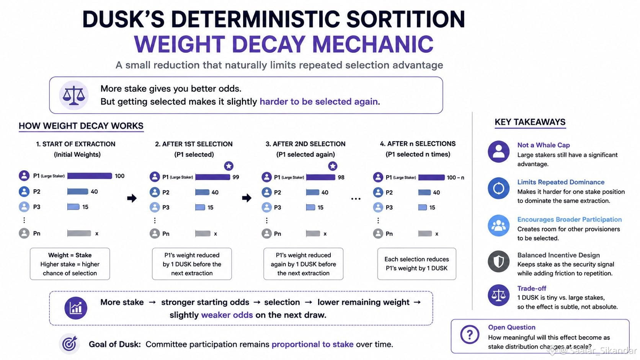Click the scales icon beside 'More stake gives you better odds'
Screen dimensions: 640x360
pos(74,95)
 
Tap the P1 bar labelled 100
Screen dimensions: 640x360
pos(90,176)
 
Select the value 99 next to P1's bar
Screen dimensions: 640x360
pos(236,177)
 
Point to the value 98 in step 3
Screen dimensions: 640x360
pos(341,177)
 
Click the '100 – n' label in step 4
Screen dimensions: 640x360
pos(456,178)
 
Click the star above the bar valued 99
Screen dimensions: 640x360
pos(229,166)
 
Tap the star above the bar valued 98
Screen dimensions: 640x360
pos(333,166)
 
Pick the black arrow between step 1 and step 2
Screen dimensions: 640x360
pos(132,198)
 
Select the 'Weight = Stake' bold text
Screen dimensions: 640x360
pos(70,255)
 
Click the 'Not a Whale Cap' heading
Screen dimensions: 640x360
pos(544,145)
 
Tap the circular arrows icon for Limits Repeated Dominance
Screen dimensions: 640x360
pos(499,189)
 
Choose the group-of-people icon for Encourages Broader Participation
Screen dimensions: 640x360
pos(499,226)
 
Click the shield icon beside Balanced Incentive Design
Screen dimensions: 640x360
pos(499,262)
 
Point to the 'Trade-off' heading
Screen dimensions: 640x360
pos(532,288)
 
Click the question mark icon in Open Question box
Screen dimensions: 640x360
pos(470,334)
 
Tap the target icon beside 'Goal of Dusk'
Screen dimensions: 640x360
pos(69,344)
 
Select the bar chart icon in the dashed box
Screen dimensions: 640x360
pos(76,308)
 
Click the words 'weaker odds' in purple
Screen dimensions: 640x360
pos(227,315)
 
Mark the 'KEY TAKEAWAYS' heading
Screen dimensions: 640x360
pos(530,122)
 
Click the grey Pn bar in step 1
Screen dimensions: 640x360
pos(79,233)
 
